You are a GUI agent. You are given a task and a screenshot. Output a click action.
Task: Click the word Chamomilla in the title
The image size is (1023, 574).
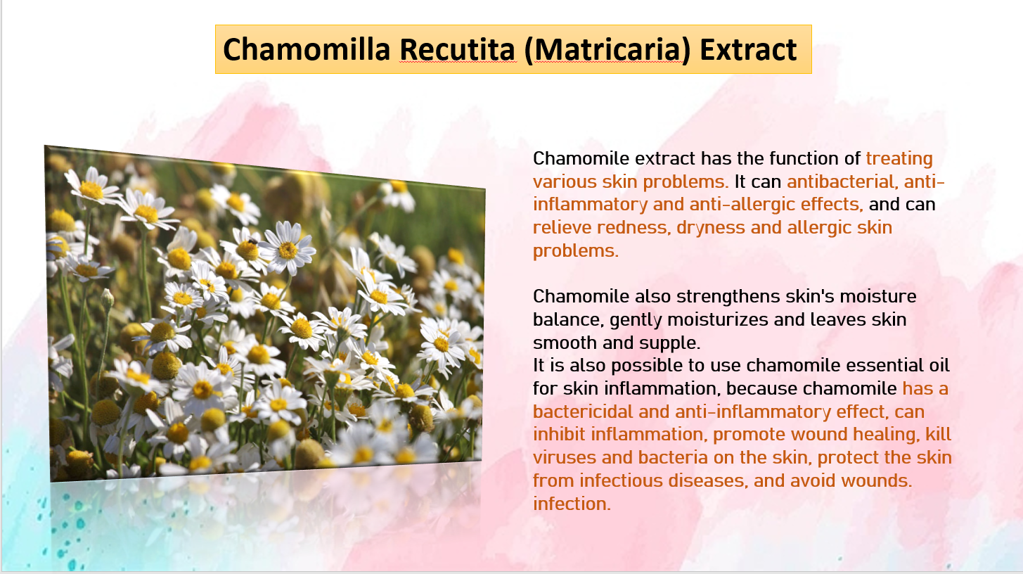point(307,49)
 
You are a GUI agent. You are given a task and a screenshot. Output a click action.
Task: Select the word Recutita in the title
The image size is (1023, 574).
point(458,49)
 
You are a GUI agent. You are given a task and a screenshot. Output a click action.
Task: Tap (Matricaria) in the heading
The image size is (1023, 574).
point(607,50)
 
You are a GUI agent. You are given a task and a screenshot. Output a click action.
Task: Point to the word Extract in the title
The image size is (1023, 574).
point(749,49)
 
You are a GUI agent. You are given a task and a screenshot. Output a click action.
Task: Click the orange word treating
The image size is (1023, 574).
point(899,159)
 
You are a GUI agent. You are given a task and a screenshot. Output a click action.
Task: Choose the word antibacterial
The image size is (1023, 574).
point(842,181)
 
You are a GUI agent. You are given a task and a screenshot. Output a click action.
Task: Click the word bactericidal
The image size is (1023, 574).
point(583,412)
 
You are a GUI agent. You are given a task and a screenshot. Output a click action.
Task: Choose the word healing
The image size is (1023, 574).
point(887,435)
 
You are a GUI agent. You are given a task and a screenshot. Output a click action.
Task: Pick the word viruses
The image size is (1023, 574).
point(565,458)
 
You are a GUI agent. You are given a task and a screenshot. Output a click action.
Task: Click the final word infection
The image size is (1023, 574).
point(572,504)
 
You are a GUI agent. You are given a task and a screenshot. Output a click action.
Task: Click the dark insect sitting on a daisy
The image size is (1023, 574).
point(253,241)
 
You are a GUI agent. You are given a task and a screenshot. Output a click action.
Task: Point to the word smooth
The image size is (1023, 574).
point(565,343)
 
